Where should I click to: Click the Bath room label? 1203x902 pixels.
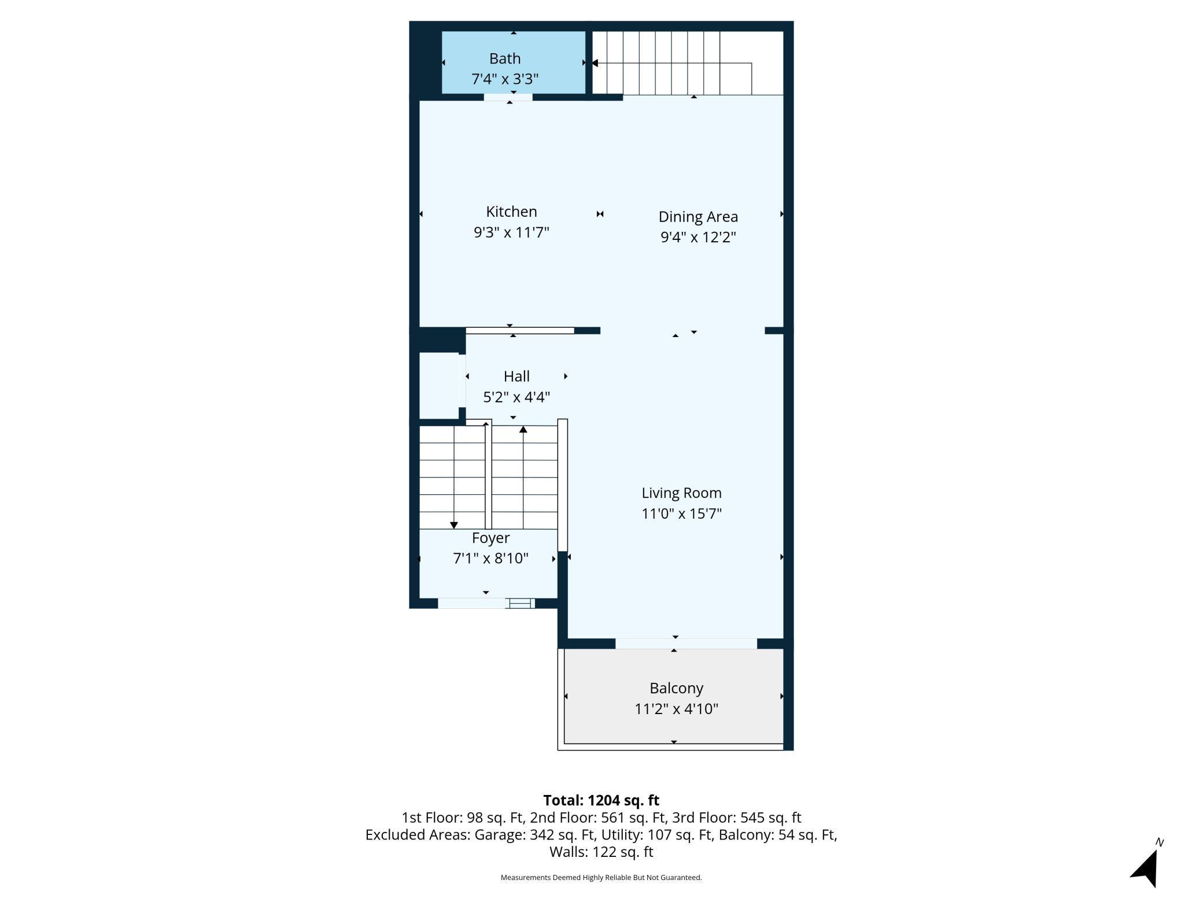click(505, 58)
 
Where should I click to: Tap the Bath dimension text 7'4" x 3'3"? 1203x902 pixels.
click(505, 79)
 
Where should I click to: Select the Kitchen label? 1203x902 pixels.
click(511, 212)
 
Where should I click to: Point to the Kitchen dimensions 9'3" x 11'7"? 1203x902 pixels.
click(511, 232)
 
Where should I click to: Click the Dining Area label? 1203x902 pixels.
click(698, 217)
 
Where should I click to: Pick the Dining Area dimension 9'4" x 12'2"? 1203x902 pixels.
click(698, 237)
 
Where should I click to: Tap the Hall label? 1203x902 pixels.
click(516, 376)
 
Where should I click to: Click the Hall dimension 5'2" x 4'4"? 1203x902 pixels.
click(516, 397)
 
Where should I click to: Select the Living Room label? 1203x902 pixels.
click(681, 493)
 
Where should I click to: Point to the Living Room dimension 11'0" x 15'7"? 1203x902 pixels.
click(681, 513)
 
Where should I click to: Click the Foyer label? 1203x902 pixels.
click(490, 538)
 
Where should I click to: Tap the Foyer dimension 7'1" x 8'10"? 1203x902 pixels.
click(490, 559)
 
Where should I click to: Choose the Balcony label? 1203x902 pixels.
click(676, 689)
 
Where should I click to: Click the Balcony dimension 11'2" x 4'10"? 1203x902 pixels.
click(676, 709)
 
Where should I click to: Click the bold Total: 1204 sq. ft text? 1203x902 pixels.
click(601, 800)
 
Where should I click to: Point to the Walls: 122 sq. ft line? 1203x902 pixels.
click(601, 852)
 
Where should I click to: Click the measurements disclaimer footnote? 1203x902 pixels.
click(601, 878)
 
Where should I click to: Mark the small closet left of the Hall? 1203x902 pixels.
click(439, 385)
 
